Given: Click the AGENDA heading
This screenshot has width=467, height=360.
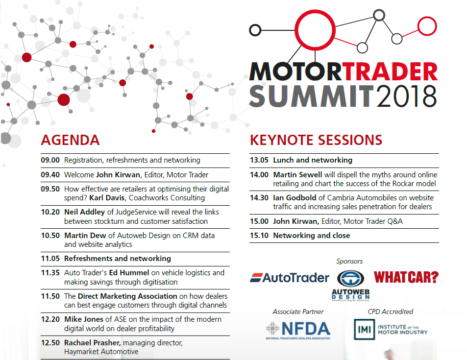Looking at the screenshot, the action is point(70,140).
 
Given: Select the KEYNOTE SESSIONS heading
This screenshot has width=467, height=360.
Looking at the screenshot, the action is point(316,140).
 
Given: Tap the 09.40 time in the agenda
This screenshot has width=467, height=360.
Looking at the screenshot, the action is point(50,175).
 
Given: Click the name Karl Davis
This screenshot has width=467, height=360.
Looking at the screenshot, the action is point(107,198).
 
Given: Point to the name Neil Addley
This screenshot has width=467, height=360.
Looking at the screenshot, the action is point(85,212).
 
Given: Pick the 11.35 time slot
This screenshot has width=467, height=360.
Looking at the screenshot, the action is point(50,273).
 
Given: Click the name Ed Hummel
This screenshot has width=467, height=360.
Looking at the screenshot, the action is point(129,273).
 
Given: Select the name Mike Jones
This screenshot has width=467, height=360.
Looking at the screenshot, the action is point(84,319).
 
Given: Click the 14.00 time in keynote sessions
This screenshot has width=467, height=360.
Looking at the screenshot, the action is point(259,175).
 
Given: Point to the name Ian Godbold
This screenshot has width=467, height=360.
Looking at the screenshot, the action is point(295,198).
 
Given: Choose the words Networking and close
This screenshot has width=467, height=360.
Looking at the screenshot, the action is point(312,236).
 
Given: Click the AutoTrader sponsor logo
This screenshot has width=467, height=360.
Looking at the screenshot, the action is point(290,278).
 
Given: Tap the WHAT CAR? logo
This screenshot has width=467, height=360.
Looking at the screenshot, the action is point(406,277).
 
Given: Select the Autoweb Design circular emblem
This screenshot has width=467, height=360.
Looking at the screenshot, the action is point(350,279).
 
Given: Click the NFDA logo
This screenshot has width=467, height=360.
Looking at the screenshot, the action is point(298,330).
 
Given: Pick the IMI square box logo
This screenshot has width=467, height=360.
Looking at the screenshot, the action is point(364,329).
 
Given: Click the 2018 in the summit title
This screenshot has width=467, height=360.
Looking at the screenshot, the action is point(406,96).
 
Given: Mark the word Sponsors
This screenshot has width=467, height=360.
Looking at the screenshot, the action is point(349,262).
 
